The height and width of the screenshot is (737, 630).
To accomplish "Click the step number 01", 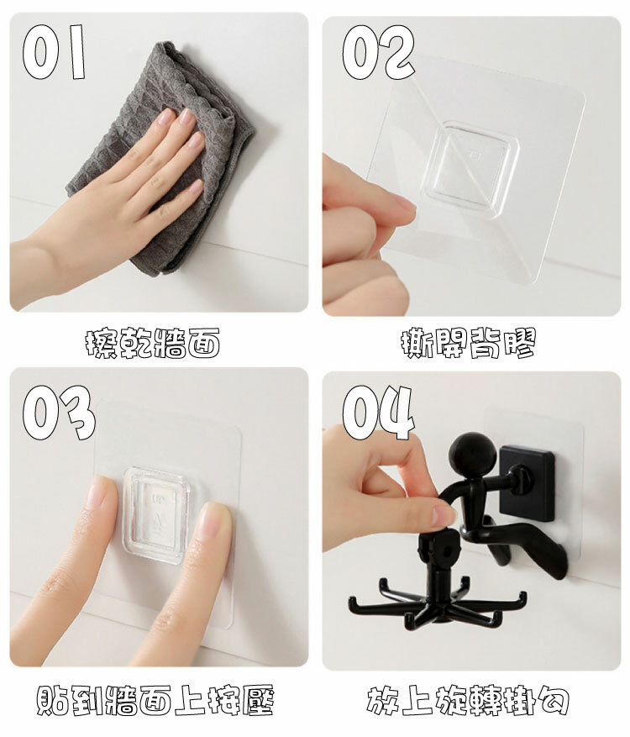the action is [54, 52].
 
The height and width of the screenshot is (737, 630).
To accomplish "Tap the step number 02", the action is [379, 52].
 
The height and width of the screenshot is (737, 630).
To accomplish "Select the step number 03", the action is [59, 413].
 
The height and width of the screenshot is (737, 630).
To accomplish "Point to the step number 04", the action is [379, 413].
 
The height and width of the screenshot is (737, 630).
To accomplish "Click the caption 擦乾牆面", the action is [153, 343].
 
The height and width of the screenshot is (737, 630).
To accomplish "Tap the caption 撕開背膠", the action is [469, 343].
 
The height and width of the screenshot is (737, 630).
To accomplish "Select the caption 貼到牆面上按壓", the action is [155, 700].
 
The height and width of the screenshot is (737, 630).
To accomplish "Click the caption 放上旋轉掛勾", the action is [468, 700].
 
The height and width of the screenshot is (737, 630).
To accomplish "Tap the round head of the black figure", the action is [472, 455].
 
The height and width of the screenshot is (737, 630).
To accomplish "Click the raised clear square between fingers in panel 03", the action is [156, 514].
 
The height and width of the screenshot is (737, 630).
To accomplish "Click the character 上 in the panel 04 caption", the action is [417, 700].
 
